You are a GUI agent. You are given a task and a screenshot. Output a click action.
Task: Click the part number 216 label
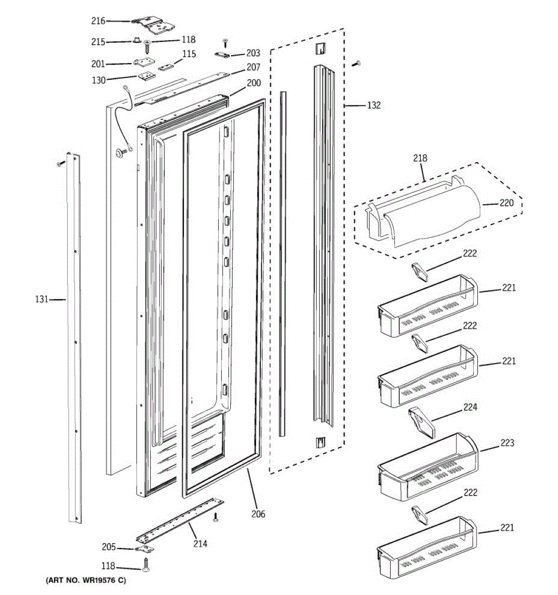[98, 21]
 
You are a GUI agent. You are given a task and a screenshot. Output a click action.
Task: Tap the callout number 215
[98, 42]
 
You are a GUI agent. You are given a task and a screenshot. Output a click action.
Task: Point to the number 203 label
[253, 53]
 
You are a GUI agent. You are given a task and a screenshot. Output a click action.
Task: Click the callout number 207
[253, 67]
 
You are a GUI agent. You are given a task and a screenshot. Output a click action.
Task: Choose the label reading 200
[253, 83]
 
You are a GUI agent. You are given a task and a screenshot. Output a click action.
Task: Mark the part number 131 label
[42, 299]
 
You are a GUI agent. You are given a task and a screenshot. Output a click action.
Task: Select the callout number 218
[420, 158]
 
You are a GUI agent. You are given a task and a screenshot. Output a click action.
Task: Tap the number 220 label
[506, 203]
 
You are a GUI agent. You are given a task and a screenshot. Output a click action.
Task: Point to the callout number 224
[470, 407]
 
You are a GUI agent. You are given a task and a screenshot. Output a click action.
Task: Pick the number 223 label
[507, 443]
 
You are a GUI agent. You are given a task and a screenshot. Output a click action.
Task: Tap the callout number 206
[258, 514]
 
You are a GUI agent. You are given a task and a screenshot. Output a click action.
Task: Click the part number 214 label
[200, 543]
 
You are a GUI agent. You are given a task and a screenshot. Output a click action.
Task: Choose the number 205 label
[109, 547]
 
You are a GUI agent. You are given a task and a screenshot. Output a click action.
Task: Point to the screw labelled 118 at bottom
[146, 565]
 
